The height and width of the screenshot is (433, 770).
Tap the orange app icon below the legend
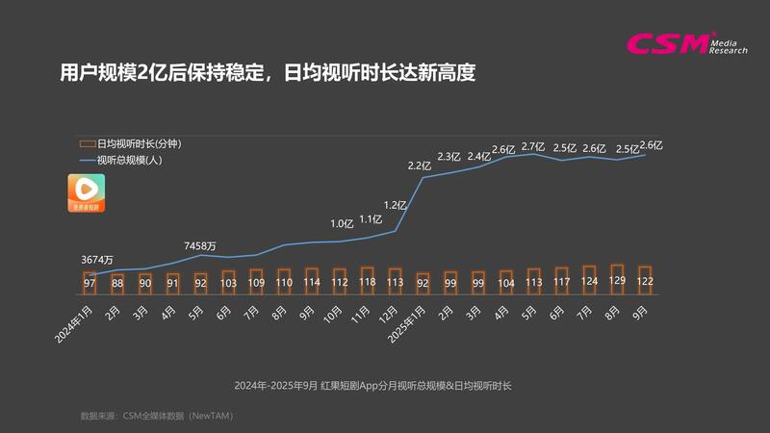87,192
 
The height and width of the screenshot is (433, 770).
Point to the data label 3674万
97,260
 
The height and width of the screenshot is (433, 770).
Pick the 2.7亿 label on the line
533,146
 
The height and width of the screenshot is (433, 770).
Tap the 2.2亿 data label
420,166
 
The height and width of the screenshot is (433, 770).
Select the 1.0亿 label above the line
342,224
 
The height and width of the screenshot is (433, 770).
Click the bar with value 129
618,278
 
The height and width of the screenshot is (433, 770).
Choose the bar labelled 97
90,281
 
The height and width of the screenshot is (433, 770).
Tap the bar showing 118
367,279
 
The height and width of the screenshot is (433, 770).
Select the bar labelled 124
590,279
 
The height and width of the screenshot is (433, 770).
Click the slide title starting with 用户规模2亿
269,73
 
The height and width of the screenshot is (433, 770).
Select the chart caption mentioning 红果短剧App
385,385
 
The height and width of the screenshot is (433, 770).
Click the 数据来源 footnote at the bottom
158,416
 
